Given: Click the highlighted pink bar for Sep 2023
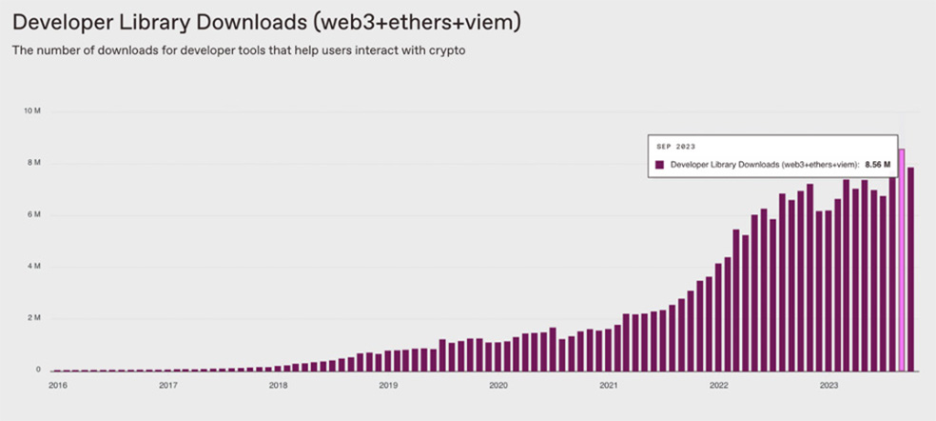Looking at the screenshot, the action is pos(902,259).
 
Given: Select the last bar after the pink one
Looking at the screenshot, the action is pos(911,270).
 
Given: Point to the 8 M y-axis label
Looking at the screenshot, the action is pos(34,163).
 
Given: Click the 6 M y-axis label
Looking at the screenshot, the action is pos(34,214).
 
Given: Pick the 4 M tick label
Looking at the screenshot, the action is pos(34,266).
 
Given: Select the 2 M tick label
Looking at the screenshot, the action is pos(34,318).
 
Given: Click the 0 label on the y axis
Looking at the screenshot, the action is pos(38,370).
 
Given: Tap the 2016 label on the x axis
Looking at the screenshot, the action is pos(57,386).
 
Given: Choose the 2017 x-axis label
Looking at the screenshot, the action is pos(167,386).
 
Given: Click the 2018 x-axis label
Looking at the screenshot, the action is pos(278,386).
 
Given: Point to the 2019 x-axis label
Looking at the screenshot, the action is pos(388,386).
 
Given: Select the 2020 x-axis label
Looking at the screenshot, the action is pos(497,386).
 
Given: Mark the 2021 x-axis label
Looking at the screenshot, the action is pos(608,386).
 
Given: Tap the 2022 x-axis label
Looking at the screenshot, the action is pos(719,386).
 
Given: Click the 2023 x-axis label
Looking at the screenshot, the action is pos(829,386).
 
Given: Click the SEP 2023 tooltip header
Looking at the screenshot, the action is pos(675,147).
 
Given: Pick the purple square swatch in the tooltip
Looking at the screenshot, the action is pos(660,165).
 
